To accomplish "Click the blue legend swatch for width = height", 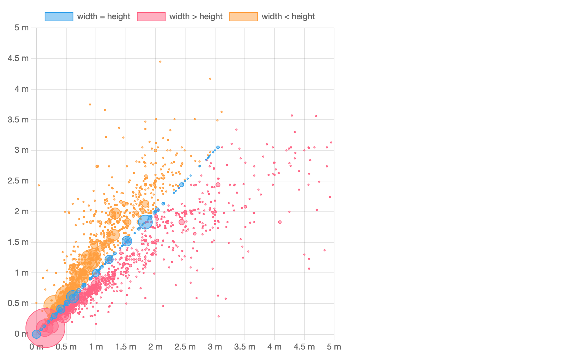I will pyautogui.click(x=59, y=17).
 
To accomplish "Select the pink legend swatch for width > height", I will pyautogui.click(x=151, y=17).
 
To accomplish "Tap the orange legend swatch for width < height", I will pyautogui.click(x=243, y=17).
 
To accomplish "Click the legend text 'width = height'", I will pyautogui.click(x=104, y=17).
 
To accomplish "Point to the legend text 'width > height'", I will pyautogui.click(x=196, y=17).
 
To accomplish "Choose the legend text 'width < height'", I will pyautogui.click(x=288, y=17).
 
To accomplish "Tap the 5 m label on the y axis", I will pyautogui.click(x=21, y=28).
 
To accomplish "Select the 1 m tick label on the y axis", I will pyautogui.click(x=21, y=273).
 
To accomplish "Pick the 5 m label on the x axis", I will pyautogui.click(x=334, y=347).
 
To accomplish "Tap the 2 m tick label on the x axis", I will pyautogui.click(x=155, y=347).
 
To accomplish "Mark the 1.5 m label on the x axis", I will pyautogui.click(x=126, y=347).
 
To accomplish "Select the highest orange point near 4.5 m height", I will pyautogui.click(x=160, y=61).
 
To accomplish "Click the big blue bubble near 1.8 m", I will pyautogui.click(x=145, y=222).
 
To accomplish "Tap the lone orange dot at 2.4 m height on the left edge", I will pyautogui.click(x=39, y=185).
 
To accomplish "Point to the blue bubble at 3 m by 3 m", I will pyautogui.click(x=218, y=148).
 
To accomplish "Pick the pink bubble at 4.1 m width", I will pyautogui.click(x=280, y=222).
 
